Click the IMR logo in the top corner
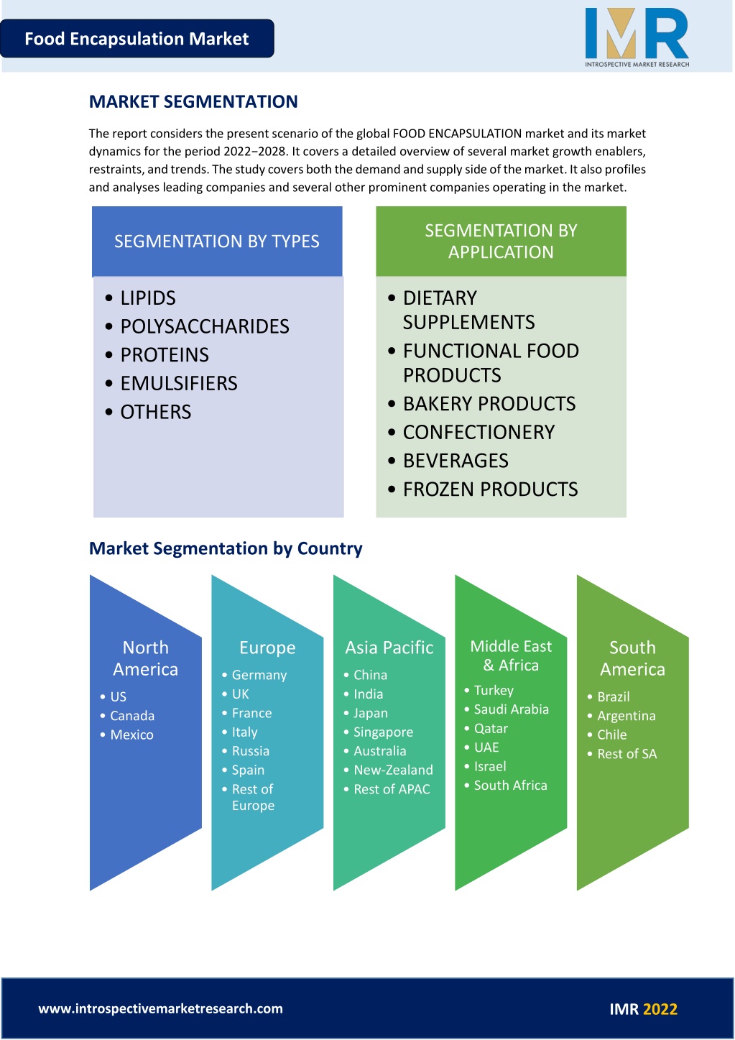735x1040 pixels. (x=637, y=37)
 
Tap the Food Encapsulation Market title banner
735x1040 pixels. (x=137, y=39)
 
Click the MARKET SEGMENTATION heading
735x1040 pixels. (x=193, y=101)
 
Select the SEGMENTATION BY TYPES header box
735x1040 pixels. (x=217, y=241)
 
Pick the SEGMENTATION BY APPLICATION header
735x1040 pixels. (x=501, y=241)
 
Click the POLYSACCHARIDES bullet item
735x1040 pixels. (x=205, y=326)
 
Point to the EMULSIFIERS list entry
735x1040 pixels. (x=179, y=384)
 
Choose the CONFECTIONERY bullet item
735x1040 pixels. (x=479, y=432)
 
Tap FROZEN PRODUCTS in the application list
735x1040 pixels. (x=490, y=489)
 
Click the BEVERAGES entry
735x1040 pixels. (x=456, y=461)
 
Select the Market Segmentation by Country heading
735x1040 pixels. (x=226, y=548)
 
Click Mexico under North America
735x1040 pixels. (x=131, y=735)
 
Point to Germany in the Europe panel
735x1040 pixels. (x=259, y=675)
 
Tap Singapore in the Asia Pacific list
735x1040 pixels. (x=383, y=732)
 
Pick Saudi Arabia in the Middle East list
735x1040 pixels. (x=512, y=709)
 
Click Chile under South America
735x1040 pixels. (x=612, y=735)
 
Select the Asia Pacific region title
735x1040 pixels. (x=389, y=648)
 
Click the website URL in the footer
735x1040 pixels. (x=160, y=1008)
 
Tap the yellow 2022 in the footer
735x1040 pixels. (x=660, y=1009)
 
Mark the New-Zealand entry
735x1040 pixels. (x=393, y=770)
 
